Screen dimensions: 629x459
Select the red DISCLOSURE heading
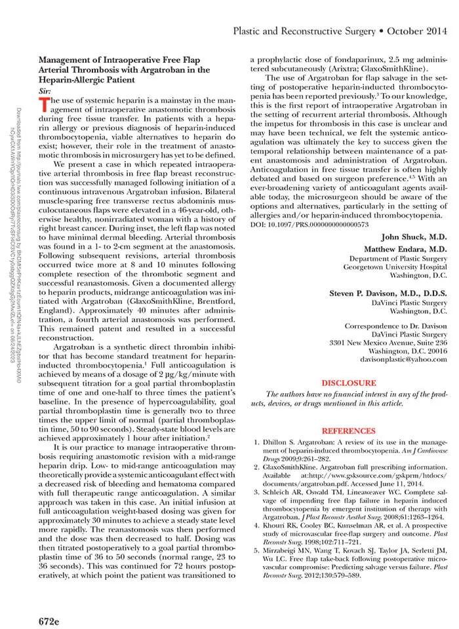click(x=349, y=383)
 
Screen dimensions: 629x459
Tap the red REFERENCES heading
click(x=349, y=430)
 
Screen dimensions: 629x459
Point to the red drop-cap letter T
click(x=44, y=104)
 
